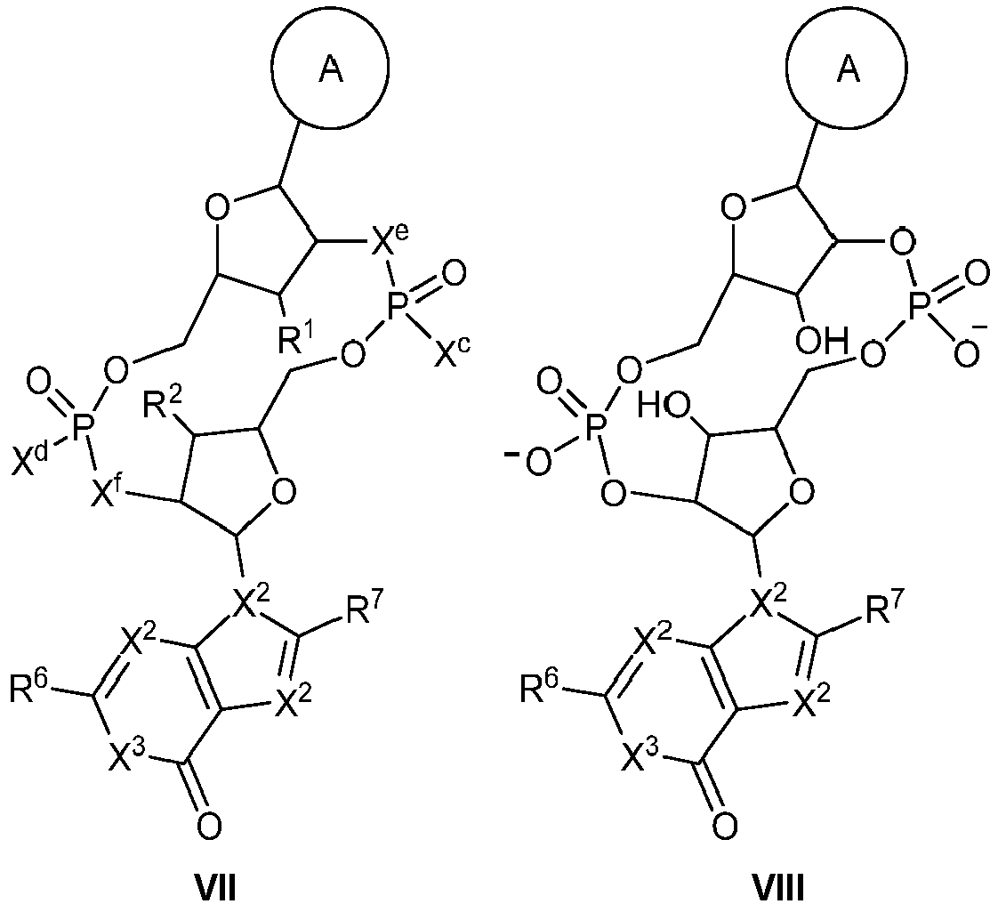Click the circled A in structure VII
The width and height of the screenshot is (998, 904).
tap(330, 70)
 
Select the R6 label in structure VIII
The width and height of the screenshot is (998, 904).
tap(540, 688)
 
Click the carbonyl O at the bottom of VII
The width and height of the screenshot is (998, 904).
tap(208, 827)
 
